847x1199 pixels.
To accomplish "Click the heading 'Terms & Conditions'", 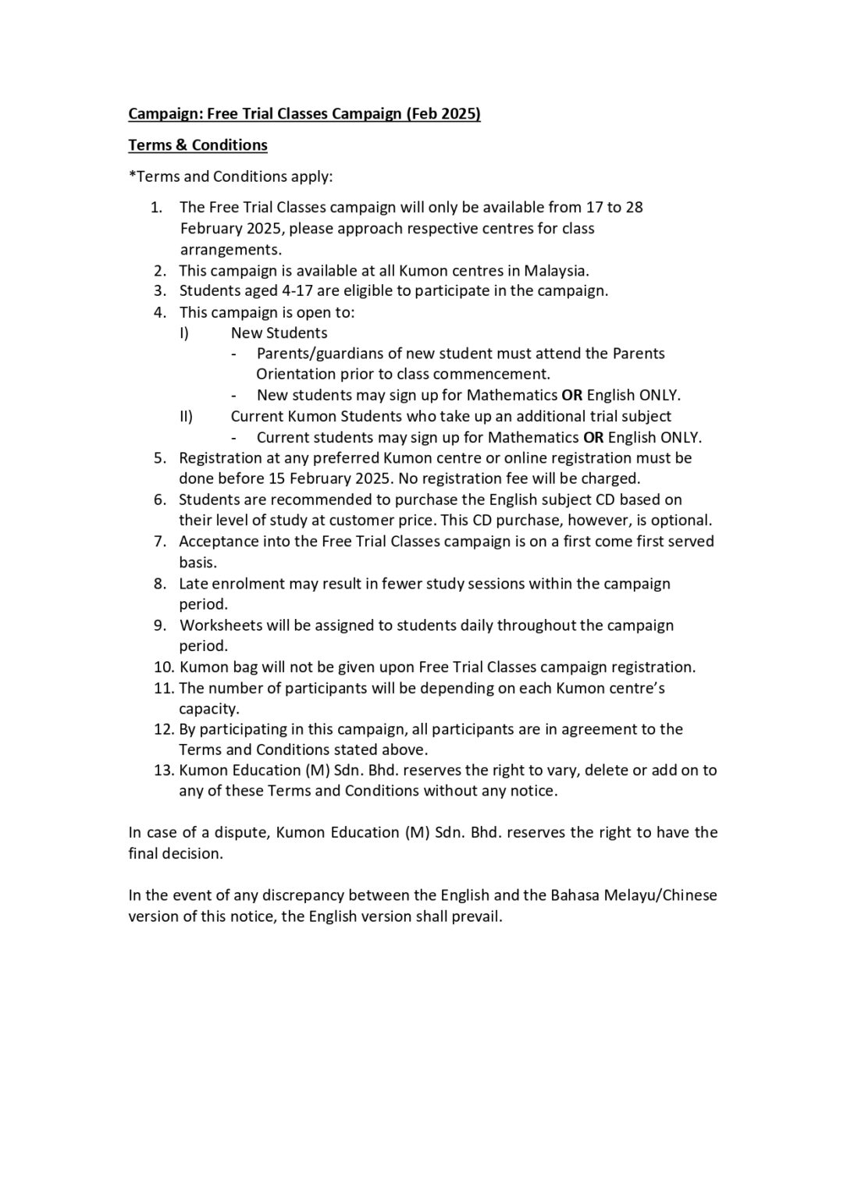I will pos(198,145).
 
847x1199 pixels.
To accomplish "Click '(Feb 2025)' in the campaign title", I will pos(443,114).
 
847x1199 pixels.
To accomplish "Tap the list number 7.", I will pos(159,542).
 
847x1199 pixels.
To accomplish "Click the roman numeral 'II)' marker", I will pos(186,417).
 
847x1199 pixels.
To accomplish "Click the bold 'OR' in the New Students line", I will pos(571,396).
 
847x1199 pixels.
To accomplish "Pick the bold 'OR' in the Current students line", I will pos(593,438).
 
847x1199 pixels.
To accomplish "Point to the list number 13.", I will pos(162,770).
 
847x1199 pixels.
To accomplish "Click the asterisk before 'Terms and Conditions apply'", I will pos(132,175).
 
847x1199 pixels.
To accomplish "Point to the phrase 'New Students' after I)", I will pos(279,333).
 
